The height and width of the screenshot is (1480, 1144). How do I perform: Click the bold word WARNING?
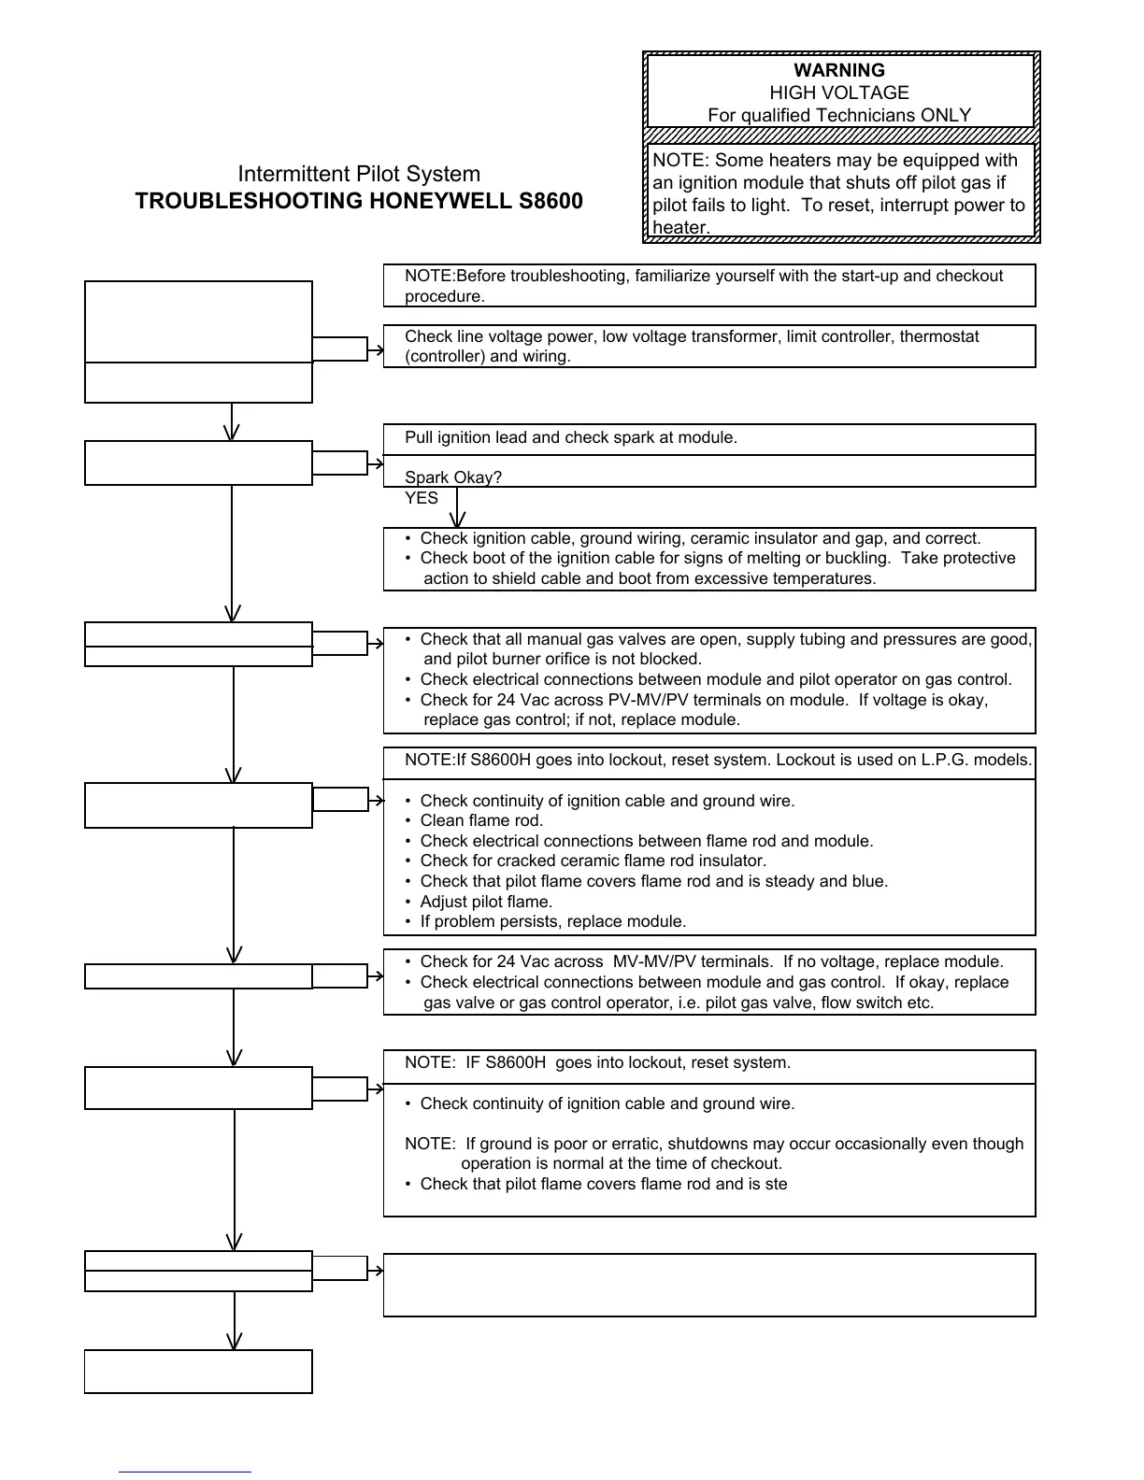(x=838, y=70)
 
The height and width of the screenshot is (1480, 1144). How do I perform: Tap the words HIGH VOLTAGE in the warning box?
(x=838, y=92)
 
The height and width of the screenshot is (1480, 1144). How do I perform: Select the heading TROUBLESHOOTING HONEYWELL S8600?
(x=359, y=202)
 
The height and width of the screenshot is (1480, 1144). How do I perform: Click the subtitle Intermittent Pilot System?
(x=359, y=174)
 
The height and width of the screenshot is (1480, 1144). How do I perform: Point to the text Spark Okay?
(x=453, y=477)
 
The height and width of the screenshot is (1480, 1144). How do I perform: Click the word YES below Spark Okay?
(x=422, y=498)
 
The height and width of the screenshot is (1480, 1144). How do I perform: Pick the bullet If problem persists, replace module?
(x=552, y=921)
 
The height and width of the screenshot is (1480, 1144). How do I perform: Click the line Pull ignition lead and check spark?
(x=571, y=437)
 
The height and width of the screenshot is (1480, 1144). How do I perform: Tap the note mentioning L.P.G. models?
(x=718, y=760)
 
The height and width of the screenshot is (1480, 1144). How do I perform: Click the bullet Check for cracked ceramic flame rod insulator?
(x=593, y=861)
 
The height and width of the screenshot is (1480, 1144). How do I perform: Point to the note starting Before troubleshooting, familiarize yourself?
(x=703, y=285)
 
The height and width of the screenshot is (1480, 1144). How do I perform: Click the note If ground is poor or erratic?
(x=714, y=1153)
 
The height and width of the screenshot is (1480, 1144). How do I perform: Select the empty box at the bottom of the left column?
(x=198, y=1371)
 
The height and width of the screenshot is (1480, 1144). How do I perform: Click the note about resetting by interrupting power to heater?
(x=838, y=193)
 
